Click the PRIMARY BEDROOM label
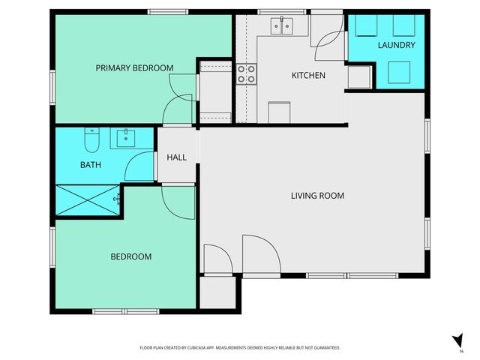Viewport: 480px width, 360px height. point(134,68)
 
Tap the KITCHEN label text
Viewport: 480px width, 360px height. point(308,76)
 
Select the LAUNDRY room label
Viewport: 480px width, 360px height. point(396,46)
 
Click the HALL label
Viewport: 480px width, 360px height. point(176,157)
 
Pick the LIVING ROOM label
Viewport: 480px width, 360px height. point(317,196)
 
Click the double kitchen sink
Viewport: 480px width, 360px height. point(283,26)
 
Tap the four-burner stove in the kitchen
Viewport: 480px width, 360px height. point(246,73)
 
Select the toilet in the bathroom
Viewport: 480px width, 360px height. point(91,141)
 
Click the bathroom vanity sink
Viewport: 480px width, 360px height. point(124,138)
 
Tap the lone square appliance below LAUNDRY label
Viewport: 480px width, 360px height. point(398,71)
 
